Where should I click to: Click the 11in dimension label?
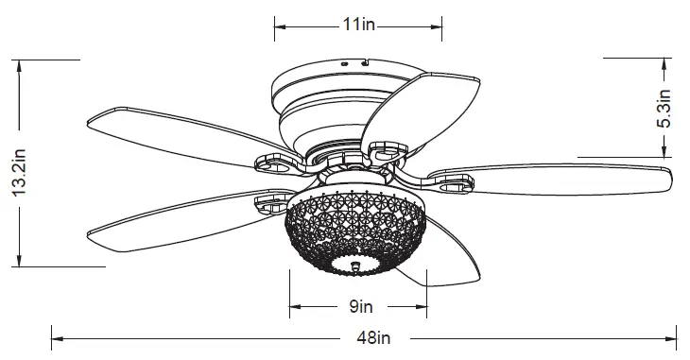pyautogui.click(x=358, y=25)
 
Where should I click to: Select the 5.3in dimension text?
pyautogui.click(x=664, y=110)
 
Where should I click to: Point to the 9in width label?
pyautogui.click(x=358, y=306)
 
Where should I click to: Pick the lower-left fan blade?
pyautogui.click(x=175, y=219)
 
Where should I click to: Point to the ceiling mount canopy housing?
pyautogui.click(x=321, y=94)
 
